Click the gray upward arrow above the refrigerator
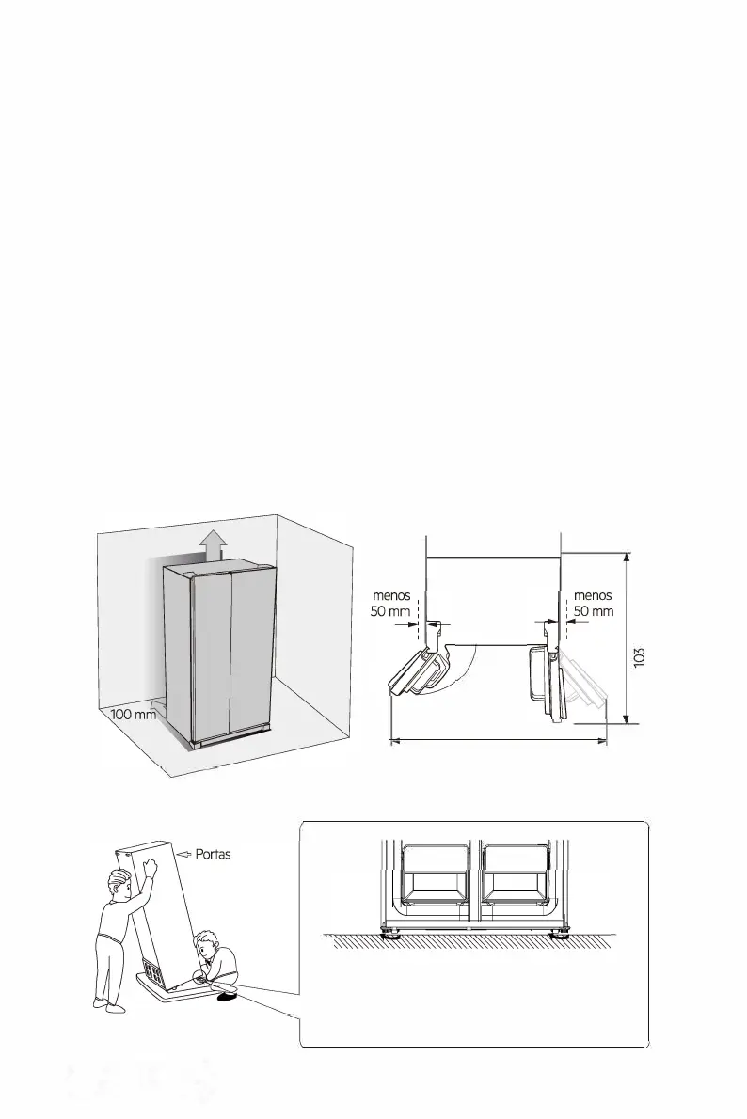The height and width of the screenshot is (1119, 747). (x=214, y=544)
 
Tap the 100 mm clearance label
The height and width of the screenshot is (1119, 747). (x=133, y=714)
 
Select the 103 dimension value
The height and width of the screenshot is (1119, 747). (x=640, y=658)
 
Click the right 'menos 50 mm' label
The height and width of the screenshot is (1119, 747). (x=593, y=603)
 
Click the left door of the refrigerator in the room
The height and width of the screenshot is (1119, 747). (x=211, y=658)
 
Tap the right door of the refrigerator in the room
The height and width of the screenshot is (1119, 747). (x=252, y=654)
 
